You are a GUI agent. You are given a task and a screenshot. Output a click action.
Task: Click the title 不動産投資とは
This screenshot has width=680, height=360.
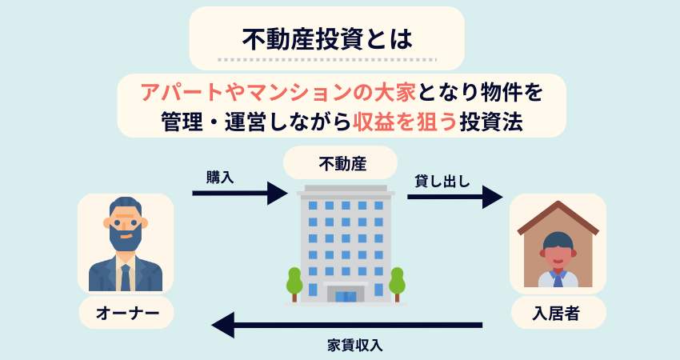click(x=326, y=38)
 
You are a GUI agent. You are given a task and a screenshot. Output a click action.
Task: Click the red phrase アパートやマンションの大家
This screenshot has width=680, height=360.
click(x=277, y=92)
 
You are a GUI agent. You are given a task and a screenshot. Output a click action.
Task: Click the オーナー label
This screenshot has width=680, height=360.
click(x=126, y=312)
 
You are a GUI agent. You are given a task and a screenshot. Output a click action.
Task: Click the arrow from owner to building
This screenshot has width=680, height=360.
click(x=239, y=194)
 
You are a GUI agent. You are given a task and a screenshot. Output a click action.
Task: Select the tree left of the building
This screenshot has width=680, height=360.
click(x=294, y=281)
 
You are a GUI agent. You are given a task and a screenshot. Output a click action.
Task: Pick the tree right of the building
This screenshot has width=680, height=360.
click(x=397, y=281)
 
